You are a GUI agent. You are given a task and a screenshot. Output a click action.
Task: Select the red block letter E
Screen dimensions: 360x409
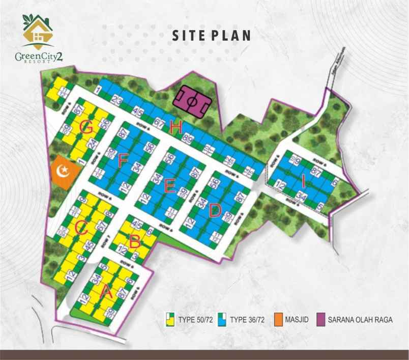(x=170, y=187)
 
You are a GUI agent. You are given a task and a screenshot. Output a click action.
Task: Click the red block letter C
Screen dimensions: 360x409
(x=80, y=228)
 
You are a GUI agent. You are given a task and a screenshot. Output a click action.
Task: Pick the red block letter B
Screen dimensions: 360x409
(x=134, y=241)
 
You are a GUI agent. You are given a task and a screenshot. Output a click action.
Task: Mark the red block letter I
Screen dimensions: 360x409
(x=303, y=180)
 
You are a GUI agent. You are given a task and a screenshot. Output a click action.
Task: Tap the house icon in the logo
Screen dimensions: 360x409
(x=36, y=34)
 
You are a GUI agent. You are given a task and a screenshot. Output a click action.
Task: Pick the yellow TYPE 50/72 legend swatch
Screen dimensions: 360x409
(x=171, y=320)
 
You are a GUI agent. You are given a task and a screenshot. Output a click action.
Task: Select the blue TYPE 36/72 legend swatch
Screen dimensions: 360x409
(x=222, y=320)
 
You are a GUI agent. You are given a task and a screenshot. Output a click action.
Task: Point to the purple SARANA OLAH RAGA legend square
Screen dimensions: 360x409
(x=321, y=320)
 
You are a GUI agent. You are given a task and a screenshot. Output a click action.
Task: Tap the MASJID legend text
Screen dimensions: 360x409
(x=296, y=320)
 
